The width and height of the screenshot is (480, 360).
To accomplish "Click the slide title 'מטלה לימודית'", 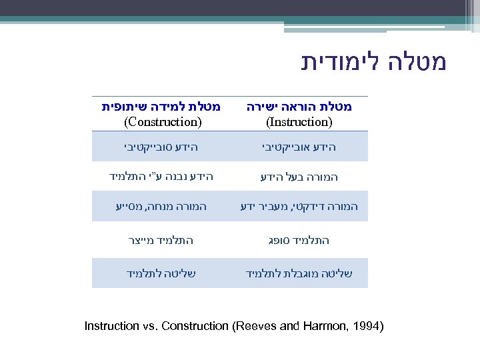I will (x=373, y=62).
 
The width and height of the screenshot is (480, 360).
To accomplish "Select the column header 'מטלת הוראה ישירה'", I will (x=299, y=107).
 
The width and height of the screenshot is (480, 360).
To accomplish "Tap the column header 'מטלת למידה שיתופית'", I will (x=161, y=107).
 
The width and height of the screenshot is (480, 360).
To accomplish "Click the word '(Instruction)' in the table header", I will (x=299, y=122).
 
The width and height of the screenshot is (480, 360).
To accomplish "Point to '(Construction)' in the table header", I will (x=163, y=122).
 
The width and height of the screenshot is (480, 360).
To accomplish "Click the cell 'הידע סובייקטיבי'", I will (x=162, y=146).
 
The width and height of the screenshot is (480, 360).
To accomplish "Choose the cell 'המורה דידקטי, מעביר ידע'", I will (x=299, y=207).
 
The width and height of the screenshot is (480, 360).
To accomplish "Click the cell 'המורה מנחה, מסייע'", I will (x=161, y=207).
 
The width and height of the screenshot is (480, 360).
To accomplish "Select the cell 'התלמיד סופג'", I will (x=299, y=240).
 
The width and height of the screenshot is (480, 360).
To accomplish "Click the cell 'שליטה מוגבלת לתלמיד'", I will (x=299, y=273).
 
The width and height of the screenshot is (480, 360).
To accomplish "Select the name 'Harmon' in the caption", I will (x=323, y=326).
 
